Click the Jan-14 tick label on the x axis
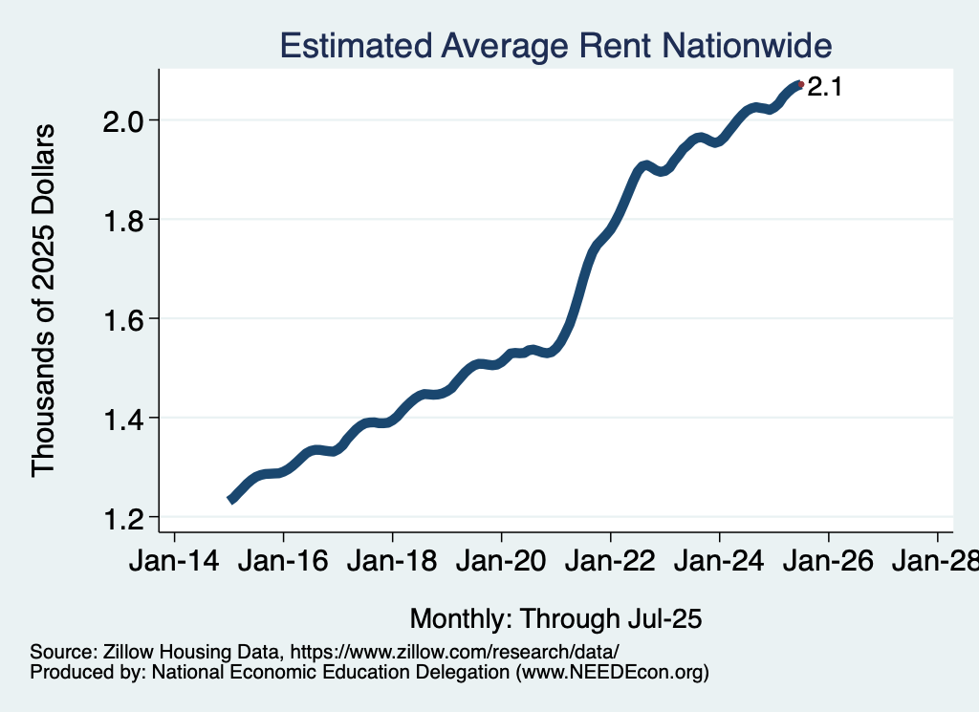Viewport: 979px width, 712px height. (x=174, y=563)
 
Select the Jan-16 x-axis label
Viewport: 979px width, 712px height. (x=283, y=563)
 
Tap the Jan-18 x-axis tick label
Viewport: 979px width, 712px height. (x=392, y=563)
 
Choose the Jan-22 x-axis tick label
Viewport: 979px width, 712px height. (x=610, y=563)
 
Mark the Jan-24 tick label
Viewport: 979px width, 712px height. (x=719, y=563)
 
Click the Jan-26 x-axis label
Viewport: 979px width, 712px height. (x=828, y=563)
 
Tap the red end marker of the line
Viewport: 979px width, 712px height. (x=801, y=85)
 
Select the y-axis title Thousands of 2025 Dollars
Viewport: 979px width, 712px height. (x=44, y=299)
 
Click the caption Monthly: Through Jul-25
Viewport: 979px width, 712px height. (x=556, y=617)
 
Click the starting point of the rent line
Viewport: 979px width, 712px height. (x=230, y=499)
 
